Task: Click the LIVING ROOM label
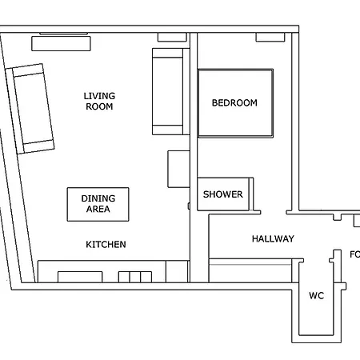click(98, 101)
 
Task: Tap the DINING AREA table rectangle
click(98, 204)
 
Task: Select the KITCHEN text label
click(106, 244)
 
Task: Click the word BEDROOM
click(234, 102)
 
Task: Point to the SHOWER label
click(222, 194)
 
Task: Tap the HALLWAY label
click(273, 238)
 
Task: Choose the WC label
click(316, 295)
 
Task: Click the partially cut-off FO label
click(354, 254)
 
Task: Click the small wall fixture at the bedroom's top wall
click(270, 38)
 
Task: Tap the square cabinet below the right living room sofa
click(178, 168)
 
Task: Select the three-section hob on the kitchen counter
click(134, 277)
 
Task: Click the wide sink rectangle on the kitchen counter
click(80, 277)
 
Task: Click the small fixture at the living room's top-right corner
click(171, 37)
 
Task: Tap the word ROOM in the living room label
click(98, 106)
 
